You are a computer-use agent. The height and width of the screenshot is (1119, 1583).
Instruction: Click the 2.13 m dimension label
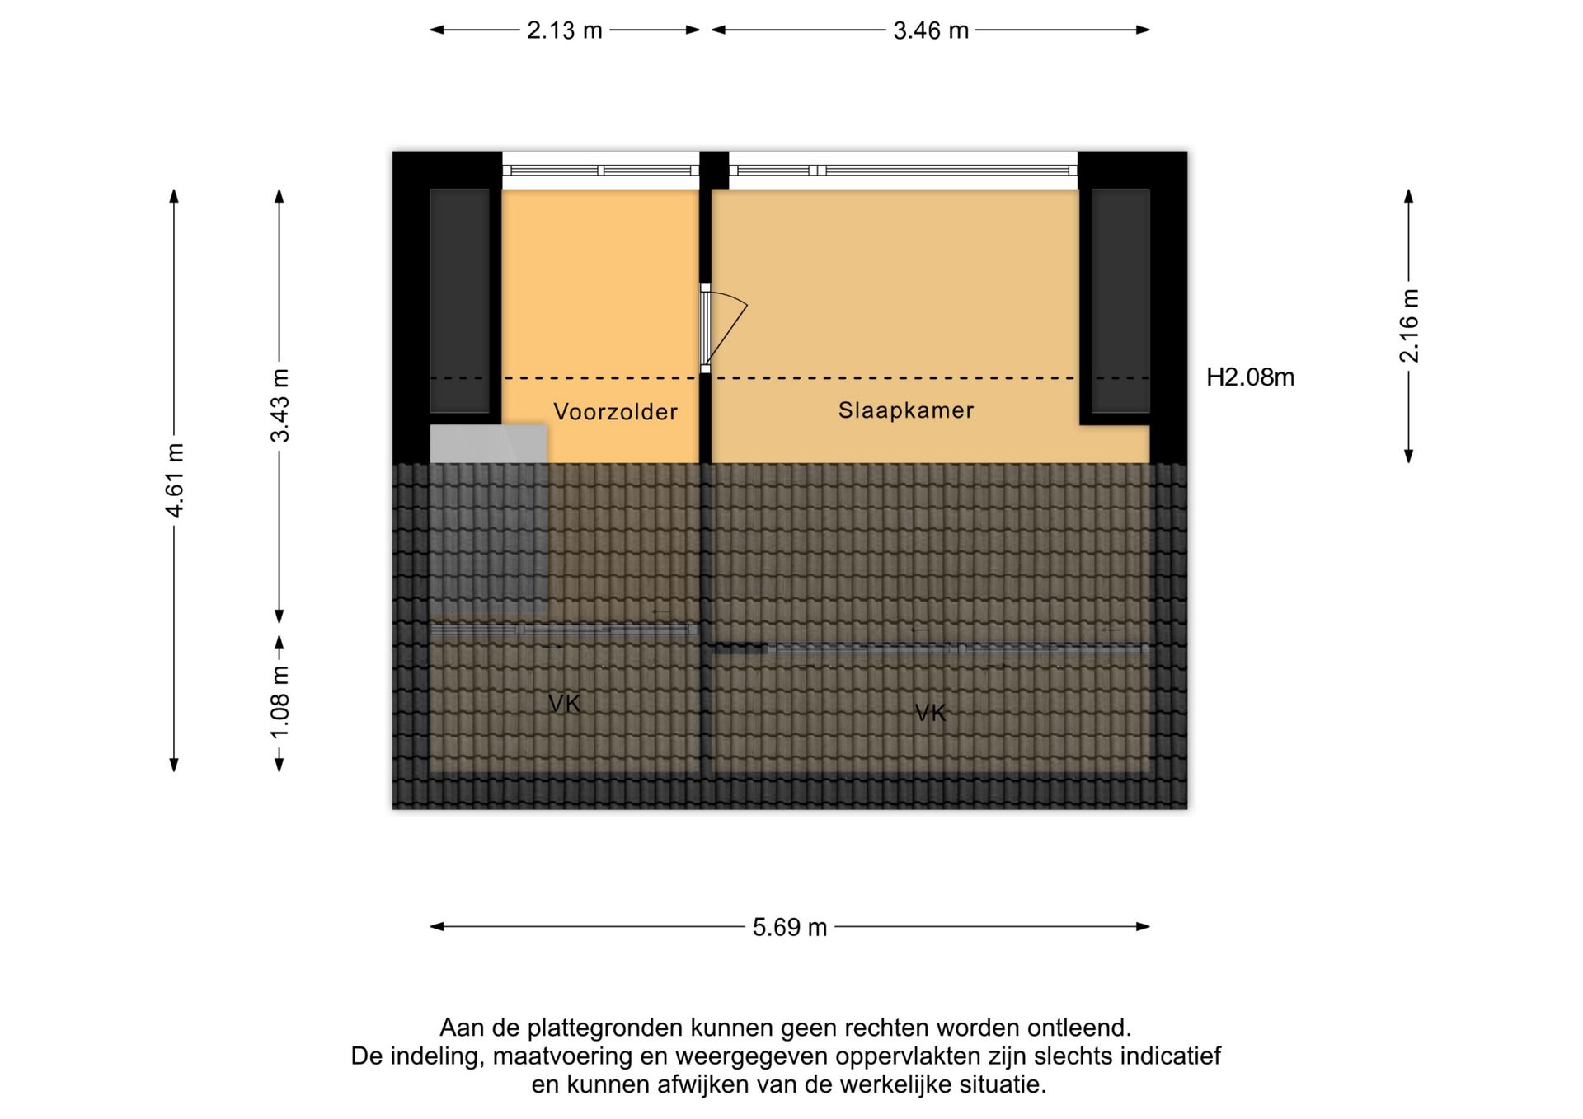(565, 30)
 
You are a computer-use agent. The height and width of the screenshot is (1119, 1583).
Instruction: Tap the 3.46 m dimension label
(931, 30)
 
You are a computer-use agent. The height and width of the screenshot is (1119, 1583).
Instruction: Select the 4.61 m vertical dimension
(175, 480)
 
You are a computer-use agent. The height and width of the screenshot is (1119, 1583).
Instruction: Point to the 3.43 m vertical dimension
(280, 405)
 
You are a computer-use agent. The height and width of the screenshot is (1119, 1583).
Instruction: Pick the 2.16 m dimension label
(1409, 325)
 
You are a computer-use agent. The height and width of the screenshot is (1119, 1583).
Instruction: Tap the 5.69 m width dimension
(789, 927)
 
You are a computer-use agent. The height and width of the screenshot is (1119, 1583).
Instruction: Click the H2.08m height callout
(1250, 377)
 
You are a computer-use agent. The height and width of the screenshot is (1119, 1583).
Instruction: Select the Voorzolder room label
(615, 412)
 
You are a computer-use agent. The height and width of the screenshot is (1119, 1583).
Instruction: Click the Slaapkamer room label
(906, 410)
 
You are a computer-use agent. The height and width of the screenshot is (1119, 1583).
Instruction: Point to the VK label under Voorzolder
(565, 704)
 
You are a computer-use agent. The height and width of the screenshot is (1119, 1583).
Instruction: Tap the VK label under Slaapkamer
(931, 713)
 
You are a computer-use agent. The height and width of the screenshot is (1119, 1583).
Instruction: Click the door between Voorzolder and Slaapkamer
(724, 328)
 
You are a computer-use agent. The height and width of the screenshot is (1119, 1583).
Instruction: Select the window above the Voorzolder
(600, 171)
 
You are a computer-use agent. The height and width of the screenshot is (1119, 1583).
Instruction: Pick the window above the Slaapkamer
(903, 171)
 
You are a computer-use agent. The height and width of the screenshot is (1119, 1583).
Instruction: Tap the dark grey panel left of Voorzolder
(459, 301)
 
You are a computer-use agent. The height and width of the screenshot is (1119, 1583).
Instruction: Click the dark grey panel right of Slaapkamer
(1120, 301)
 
